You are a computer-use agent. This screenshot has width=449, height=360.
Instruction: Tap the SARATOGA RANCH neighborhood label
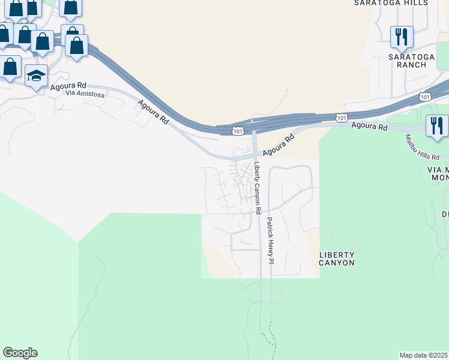pos(411,61)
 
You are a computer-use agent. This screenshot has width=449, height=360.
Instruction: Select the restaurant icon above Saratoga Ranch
pos(402,37)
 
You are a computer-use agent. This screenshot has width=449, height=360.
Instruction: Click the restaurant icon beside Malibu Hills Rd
pos(436,126)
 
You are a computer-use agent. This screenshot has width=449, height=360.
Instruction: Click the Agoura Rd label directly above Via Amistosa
pos(68,86)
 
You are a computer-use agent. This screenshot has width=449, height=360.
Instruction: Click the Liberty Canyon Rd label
pos(257,188)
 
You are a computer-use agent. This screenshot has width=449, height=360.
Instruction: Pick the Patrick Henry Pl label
pos(270,241)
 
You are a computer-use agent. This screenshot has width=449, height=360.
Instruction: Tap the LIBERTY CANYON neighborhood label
pos(337,259)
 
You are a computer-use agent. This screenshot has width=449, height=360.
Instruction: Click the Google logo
pos(20,353)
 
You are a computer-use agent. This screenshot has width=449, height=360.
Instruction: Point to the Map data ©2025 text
pos(424,355)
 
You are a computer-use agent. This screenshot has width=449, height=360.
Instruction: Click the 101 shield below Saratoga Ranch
pos(425,97)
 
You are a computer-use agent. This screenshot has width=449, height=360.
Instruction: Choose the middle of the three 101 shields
pos(341,119)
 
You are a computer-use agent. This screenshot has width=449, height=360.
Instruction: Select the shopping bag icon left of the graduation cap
pos(10,67)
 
